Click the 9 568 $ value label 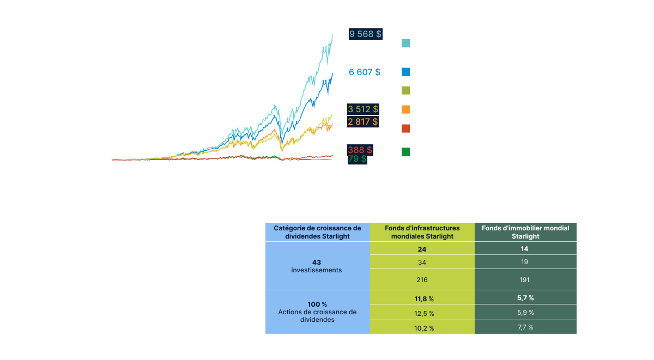click(365, 34)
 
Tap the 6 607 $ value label click(365, 72)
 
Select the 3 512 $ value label click(364, 109)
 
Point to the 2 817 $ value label click(364, 121)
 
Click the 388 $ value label click(360, 149)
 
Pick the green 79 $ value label click(358, 159)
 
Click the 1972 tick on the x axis click(116, 164)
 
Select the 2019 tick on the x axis click(325, 164)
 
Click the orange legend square click(405, 109)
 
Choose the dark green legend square click(405, 151)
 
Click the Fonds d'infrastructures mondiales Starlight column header click(422, 232)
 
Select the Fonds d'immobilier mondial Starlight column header click(525, 232)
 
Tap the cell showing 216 click(422, 279)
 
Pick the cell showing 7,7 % click(525, 327)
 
